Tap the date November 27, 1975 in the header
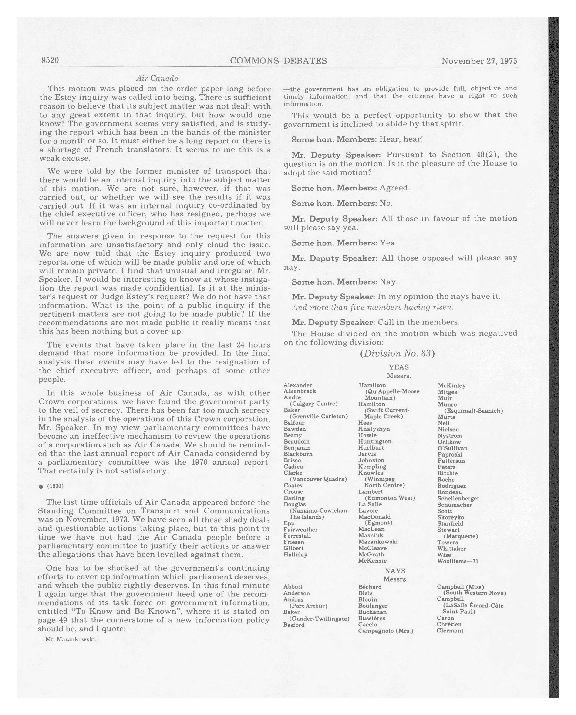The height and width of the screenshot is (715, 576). pyautogui.click(x=479, y=61)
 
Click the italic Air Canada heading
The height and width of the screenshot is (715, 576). pyautogui.click(x=157, y=79)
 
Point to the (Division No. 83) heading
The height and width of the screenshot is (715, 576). pyautogui.click(x=397, y=354)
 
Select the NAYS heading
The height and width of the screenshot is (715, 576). pyautogui.click(x=395, y=571)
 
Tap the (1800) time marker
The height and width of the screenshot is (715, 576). pyautogui.click(x=55, y=486)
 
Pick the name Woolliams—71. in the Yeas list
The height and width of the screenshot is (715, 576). pyautogui.click(x=458, y=561)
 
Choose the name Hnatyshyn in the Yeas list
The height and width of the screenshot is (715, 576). pyautogui.click(x=374, y=429)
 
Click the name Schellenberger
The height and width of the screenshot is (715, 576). pyautogui.click(x=458, y=498)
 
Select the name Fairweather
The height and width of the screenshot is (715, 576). pyautogui.click(x=300, y=530)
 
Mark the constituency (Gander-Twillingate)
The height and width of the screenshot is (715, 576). pyautogui.click(x=319, y=619)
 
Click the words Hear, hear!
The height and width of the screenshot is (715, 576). pyautogui.click(x=401, y=139)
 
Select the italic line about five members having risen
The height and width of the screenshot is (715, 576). pyautogui.click(x=373, y=307)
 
